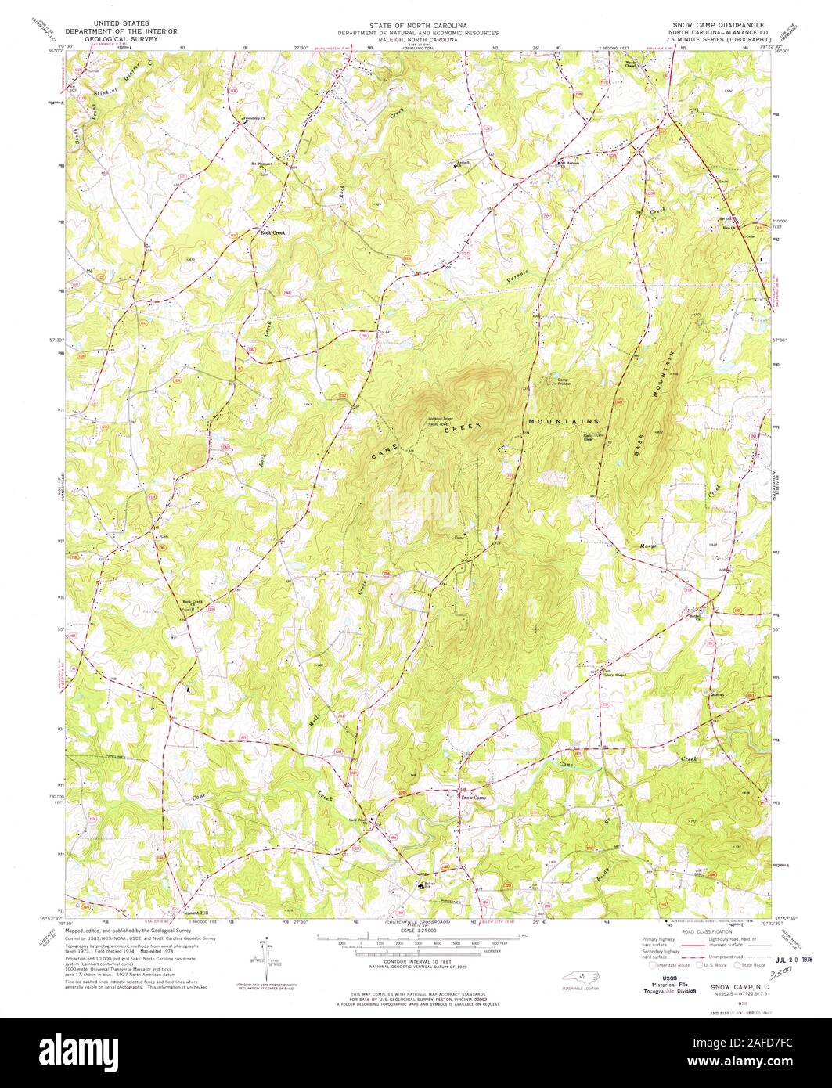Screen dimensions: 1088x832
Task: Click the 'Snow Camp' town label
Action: pyautogui.click(x=474, y=798)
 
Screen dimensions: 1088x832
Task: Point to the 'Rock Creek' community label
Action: pyautogui.click(x=272, y=232)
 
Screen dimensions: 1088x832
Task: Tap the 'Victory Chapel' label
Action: pyautogui.click(x=614, y=675)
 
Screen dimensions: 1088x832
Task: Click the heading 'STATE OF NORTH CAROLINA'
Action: pyautogui.click(x=418, y=24)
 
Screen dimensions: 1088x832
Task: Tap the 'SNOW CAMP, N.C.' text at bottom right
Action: pyautogui.click(x=740, y=989)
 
